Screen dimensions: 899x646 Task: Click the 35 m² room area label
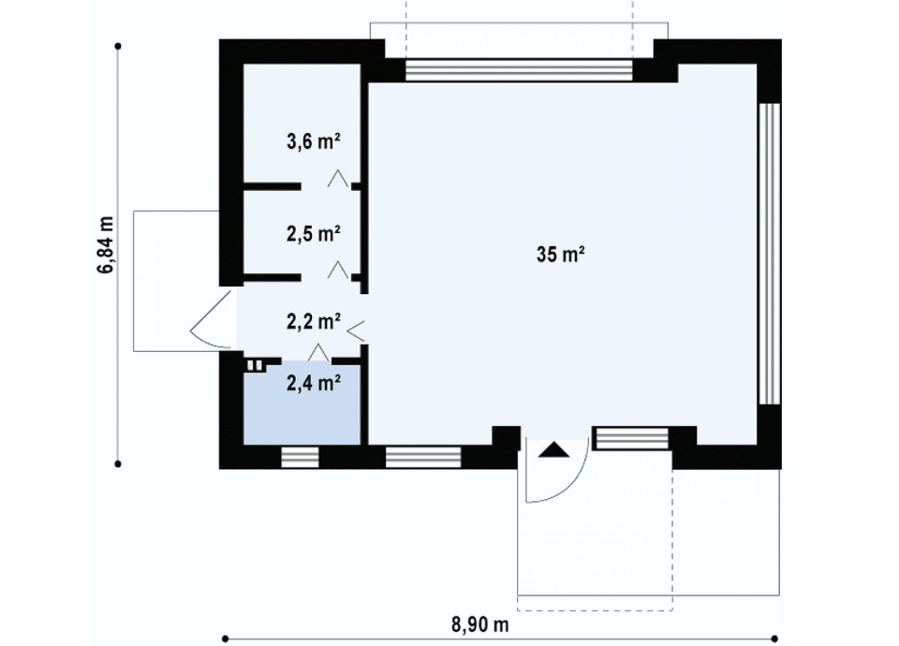click(560, 254)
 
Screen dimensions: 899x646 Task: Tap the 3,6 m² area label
click(314, 141)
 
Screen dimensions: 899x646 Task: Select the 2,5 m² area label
click(314, 233)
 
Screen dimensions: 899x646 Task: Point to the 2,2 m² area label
click(314, 321)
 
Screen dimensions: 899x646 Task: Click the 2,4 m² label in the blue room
click(314, 382)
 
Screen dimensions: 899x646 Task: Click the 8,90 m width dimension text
click(479, 624)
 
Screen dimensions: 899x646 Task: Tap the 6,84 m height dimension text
click(106, 245)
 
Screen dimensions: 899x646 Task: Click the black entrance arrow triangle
click(553, 449)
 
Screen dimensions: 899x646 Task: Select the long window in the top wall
click(519, 70)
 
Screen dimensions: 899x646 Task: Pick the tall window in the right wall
click(770, 254)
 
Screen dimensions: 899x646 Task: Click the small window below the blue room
click(300, 458)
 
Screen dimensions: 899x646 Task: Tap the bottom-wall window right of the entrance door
click(632, 438)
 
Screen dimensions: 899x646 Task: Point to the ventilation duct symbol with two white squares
click(255, 365)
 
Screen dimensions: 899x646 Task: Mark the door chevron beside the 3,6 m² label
click(338, 178)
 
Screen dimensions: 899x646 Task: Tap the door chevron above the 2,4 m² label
click(318, 353)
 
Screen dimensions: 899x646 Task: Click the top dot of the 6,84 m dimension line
click(118, 46)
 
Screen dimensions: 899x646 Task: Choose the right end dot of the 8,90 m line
click(774, 639)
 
